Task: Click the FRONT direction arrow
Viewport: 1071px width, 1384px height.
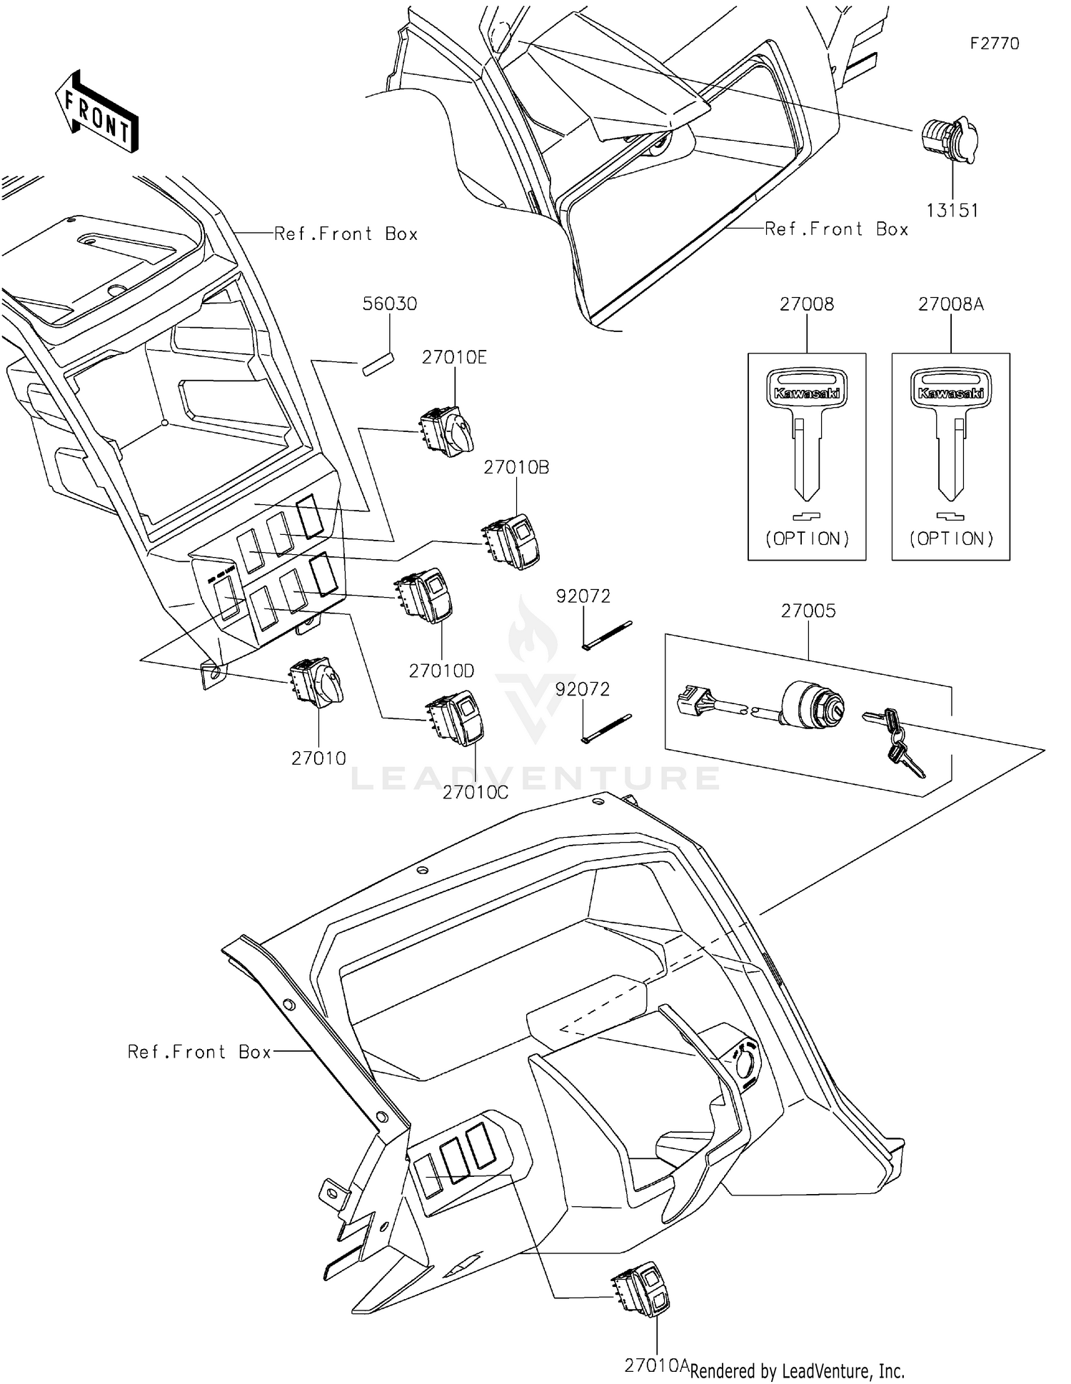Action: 96,111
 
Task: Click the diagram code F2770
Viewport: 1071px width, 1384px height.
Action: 994,44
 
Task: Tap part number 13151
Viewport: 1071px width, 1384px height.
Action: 952,211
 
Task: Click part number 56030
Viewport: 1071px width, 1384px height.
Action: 389,304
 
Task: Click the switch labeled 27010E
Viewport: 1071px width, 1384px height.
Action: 446,431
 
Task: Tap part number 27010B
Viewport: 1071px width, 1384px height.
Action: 516,467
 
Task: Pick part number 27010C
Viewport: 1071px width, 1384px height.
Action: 475,792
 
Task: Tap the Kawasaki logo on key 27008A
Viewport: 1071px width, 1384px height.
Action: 950,393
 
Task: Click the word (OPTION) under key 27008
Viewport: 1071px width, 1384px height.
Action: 807,538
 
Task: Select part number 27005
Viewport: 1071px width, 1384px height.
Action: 808,611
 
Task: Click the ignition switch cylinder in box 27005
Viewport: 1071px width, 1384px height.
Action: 813,704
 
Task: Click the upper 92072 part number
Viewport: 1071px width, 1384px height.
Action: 583,596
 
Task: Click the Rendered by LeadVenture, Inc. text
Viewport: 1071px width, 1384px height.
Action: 797,1370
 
